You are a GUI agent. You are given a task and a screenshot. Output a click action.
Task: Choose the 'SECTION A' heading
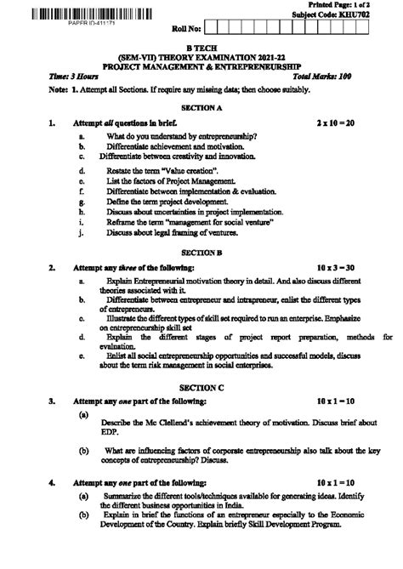point(201,108)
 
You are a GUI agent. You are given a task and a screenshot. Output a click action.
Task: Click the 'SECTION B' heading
point(201,253)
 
